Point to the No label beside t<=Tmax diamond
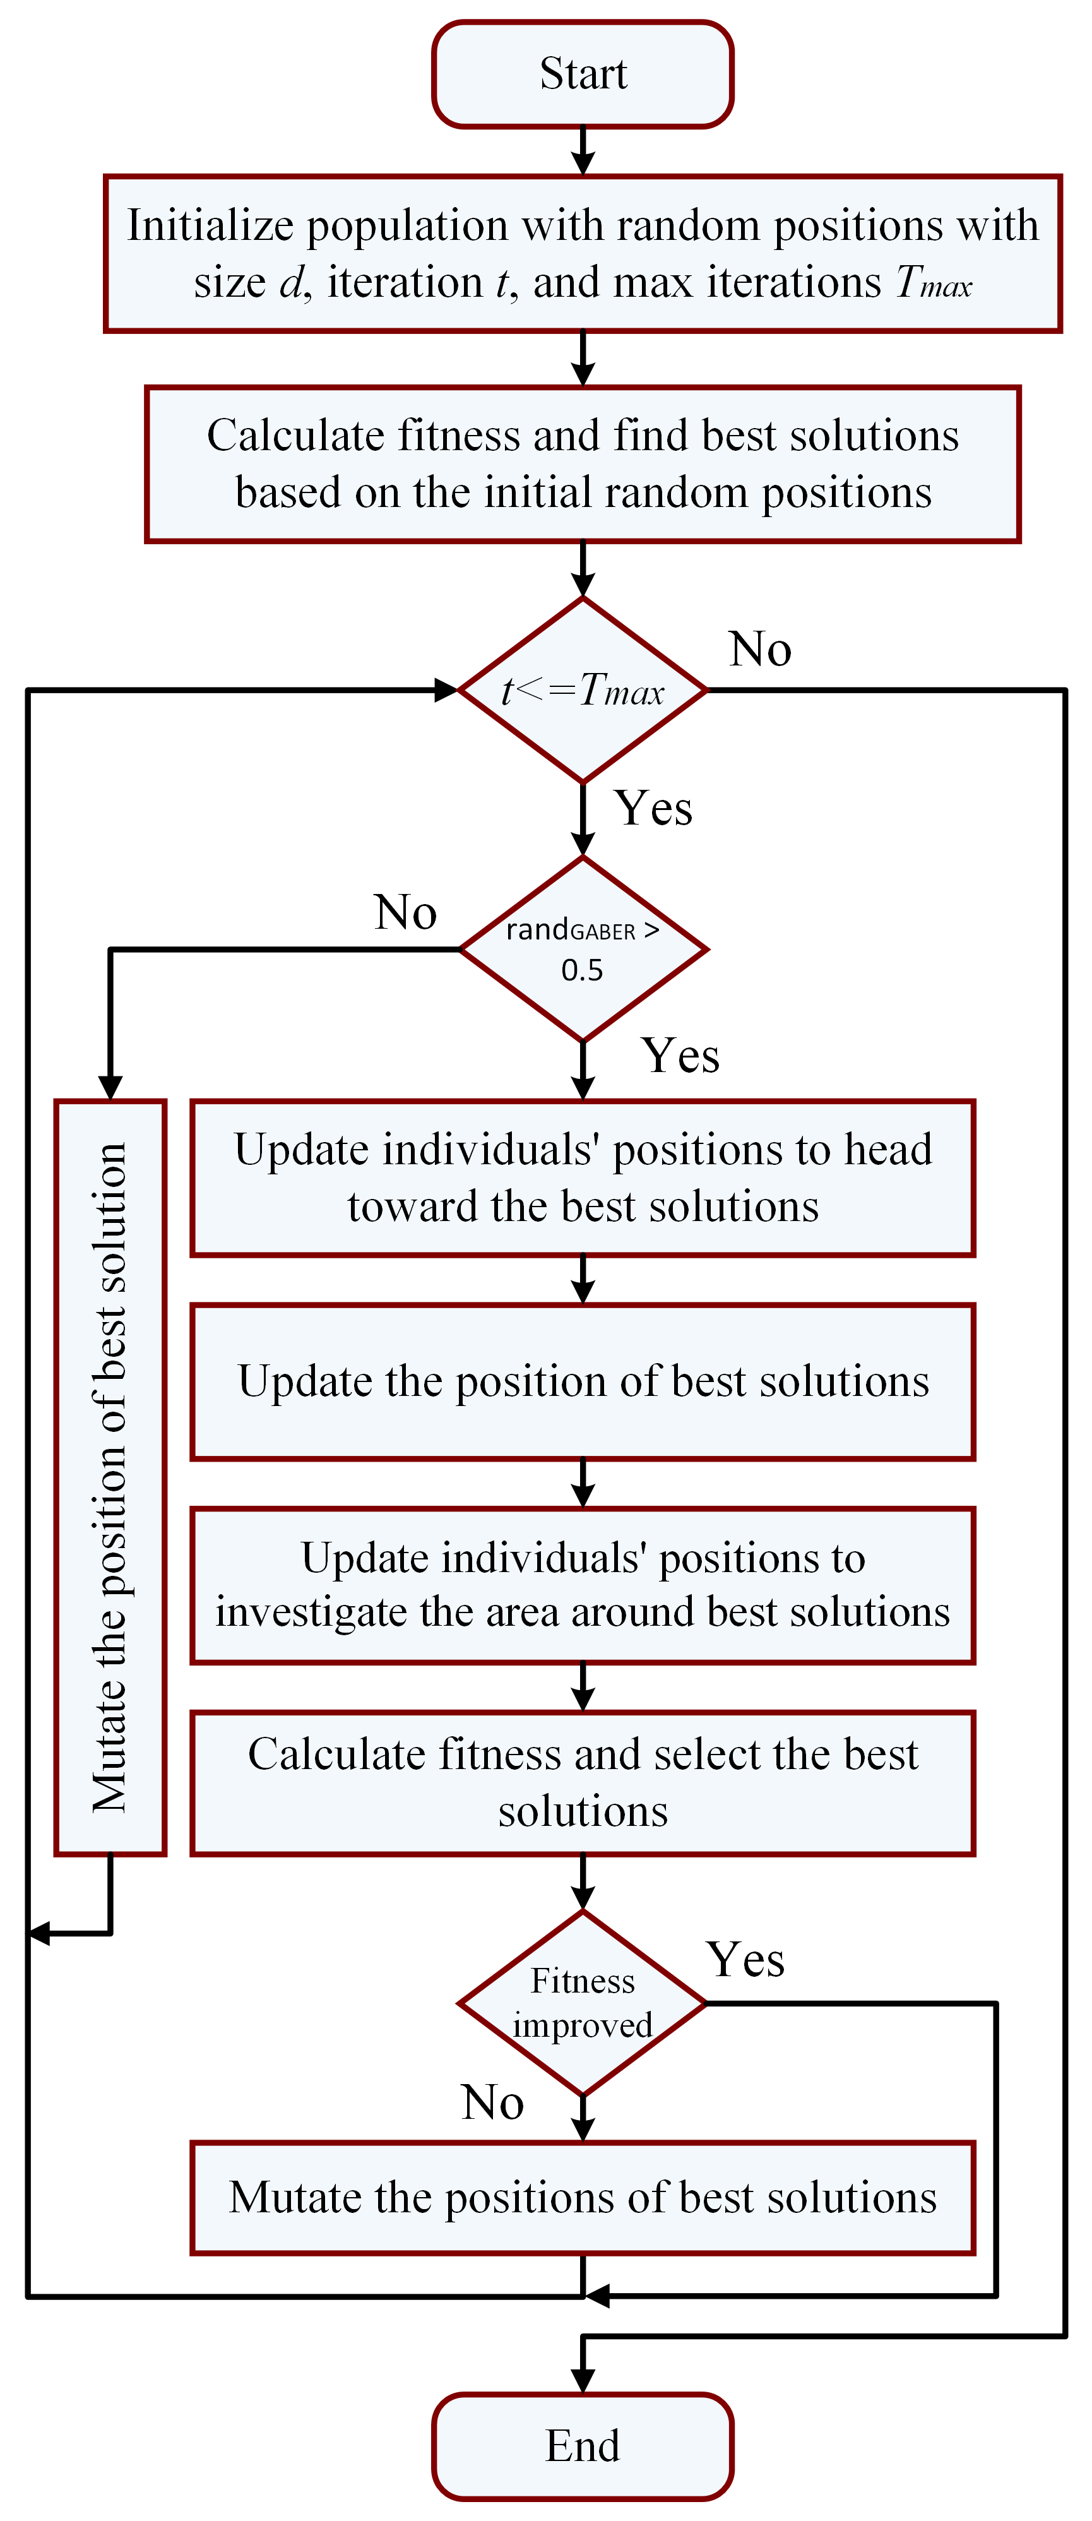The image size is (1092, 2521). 760,649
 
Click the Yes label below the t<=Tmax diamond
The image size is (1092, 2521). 654,808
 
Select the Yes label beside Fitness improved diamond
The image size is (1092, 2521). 745,1959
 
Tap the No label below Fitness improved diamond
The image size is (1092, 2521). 492,2102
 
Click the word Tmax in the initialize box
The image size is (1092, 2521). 934,283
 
